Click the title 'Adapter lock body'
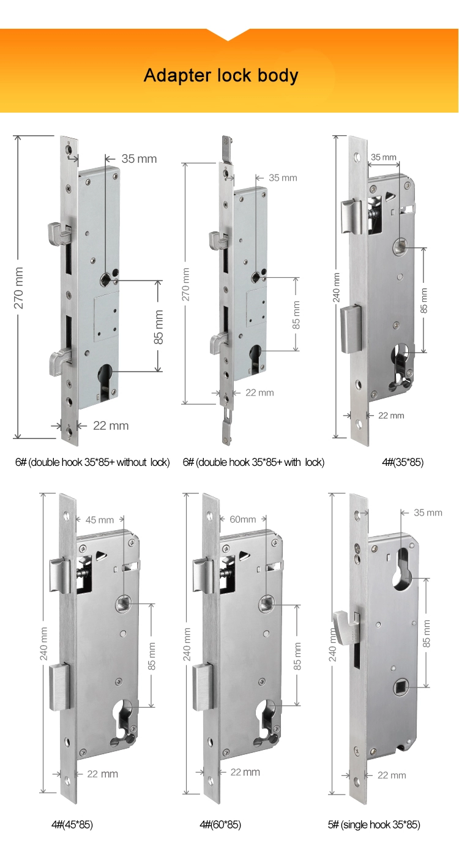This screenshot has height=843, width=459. [x=221, y=75]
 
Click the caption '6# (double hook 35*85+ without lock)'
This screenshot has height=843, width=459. [x=92, y=462]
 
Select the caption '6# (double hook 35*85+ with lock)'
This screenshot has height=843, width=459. [x=253, y=462]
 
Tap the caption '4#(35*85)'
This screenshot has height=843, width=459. [x=403, y=462]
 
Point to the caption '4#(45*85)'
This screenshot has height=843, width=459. [x=72, y=825]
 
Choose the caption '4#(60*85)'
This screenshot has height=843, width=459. [x=220, y=825]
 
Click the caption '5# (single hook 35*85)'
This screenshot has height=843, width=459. [x=374, y=825]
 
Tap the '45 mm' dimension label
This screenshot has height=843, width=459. [x=99, y=520]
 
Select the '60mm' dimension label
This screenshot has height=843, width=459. [x=242, y=519]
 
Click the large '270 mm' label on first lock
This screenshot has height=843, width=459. [x=19, y=288]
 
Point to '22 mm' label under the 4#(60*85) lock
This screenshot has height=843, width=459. [x=244, y=772]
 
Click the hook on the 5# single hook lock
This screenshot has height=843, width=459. [x=341, y=626]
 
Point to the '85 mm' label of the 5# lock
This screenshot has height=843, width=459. [x=427, y=633]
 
